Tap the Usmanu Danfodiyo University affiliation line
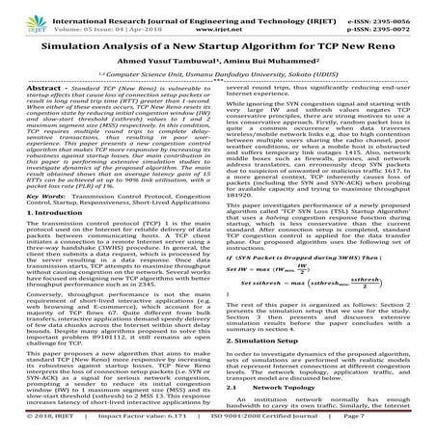tap(218, 86)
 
